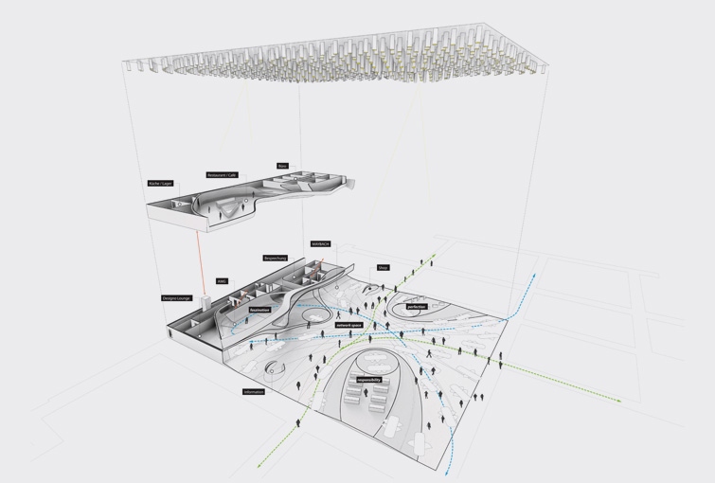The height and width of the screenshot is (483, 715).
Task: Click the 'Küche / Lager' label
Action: [x=160, y=183]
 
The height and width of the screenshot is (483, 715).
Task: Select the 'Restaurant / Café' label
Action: [x=222, y=175]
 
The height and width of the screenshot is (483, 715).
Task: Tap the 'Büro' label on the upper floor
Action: [x=282, y=166]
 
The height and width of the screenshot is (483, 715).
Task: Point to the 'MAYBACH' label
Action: [x=320, y=243]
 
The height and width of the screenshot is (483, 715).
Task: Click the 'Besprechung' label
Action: [x=276, y=258]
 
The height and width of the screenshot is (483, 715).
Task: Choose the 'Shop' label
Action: [x=383, y=267]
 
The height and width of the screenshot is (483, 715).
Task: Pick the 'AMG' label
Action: [x=222, y=281]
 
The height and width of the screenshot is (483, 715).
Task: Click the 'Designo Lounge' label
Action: [x=176, y=297]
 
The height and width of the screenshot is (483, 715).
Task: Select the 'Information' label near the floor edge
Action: [x=253, y=391]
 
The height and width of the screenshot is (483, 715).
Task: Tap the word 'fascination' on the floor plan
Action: [x=259, y=310]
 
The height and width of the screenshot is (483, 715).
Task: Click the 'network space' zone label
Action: [x=349, y=325]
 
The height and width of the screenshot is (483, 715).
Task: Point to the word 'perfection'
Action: [x=417, y=307]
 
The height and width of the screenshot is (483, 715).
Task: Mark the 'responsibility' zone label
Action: [x=369, y=380]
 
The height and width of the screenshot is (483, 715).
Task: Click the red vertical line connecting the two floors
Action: [x=199, y=260]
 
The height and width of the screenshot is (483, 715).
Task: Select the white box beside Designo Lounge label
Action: [x=204, y=301]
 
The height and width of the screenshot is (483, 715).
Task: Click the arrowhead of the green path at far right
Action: [x=619, y=401]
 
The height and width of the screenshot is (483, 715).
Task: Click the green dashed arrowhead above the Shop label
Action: [x=435, y=254]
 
